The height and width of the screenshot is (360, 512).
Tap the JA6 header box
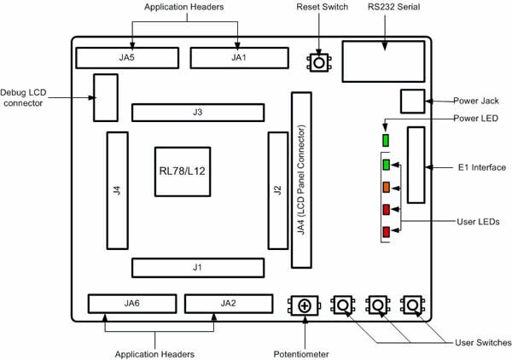click(131, 304)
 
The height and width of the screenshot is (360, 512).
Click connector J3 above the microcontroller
click(197, 113)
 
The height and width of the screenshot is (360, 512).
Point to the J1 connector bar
click(197, 268)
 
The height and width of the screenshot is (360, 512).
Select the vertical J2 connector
click(277, 190)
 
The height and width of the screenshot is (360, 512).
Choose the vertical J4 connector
click(117, 190)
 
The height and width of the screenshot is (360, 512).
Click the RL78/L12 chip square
click(181, 171)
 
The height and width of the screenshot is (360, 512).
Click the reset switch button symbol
click(319, 61)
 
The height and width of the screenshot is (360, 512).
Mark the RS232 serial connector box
click(382, 61)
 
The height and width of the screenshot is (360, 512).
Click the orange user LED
click(387, 187)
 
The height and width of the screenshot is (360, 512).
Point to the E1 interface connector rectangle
click(416, 165)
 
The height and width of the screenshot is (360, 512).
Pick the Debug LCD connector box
click(105, 97)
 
